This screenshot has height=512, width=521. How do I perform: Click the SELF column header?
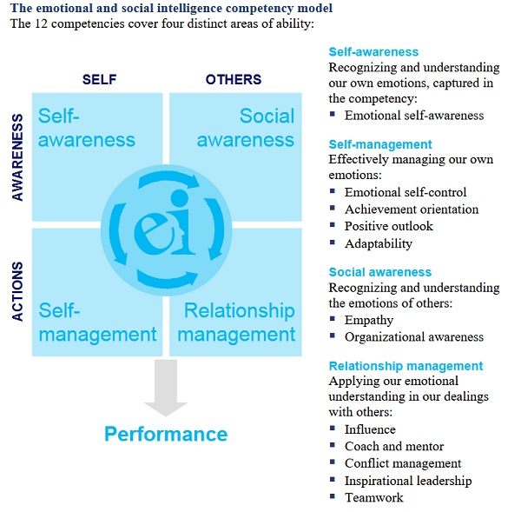99,79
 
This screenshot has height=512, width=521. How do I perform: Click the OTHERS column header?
234,79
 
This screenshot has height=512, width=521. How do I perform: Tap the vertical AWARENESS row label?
18,155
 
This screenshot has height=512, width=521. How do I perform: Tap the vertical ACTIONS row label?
18,292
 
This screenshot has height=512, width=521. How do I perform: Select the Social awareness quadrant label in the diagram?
246,128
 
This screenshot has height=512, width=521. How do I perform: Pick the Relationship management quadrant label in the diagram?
240,322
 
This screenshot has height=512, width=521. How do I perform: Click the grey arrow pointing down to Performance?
166,386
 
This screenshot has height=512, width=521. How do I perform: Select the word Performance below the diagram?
166,434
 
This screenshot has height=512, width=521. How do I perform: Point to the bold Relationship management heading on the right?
406,365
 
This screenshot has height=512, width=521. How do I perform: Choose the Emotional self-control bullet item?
406,192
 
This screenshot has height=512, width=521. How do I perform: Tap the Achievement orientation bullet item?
412,209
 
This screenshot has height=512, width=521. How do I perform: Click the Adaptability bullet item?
378,243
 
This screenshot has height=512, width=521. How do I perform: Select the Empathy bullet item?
370,319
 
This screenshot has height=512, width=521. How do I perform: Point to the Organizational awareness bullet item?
414,336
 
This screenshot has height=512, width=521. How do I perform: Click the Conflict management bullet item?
403,463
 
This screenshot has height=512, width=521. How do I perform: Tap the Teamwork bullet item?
374,497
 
